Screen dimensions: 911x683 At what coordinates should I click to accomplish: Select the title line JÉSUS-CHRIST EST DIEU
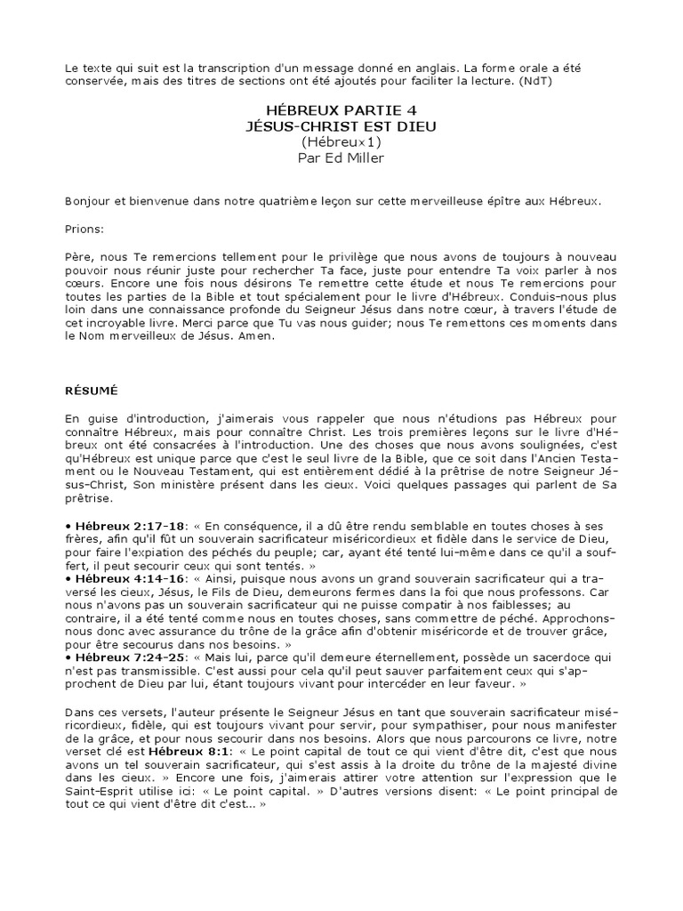[x=341, y=126]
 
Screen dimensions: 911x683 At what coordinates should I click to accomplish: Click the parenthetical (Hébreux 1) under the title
[x=341, y=141]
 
